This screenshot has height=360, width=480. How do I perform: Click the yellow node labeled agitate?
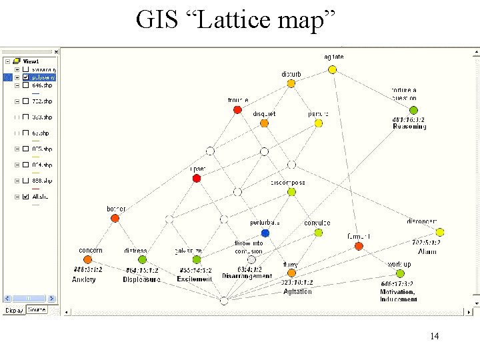(x=332, y=69)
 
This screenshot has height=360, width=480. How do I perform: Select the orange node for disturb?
(x=291, y=84)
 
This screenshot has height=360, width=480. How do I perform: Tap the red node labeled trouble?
(x=237, y=109)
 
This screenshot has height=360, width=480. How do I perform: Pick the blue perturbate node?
(x=265, y=233)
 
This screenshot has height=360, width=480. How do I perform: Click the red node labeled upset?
(x=197, y=178)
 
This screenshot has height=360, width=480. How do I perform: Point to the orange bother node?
(x=115, y=219)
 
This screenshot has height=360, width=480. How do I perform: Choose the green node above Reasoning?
(x=413, y=110)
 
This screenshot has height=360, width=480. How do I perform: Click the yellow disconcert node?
(x=440, y=232)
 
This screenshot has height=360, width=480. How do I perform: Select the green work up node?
(x=400, y=273)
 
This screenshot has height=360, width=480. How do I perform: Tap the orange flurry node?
(x=291, y=273)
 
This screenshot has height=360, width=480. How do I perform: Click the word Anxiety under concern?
(x=84, y=279)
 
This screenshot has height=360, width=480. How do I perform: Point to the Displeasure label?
(x=141, y=279)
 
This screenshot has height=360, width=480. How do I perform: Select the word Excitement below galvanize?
(x=195, y=279)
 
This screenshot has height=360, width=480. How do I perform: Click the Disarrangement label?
(x=247, y=276)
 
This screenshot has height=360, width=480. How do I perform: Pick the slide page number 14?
(x=435, y=336)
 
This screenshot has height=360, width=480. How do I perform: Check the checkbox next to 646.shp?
(x=25, y=85)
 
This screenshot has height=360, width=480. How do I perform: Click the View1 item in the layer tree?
(x=31, y=61)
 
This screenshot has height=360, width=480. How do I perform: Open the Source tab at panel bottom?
(x=37, y=310)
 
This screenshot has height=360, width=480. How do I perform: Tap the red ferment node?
(x=359, y=246)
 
